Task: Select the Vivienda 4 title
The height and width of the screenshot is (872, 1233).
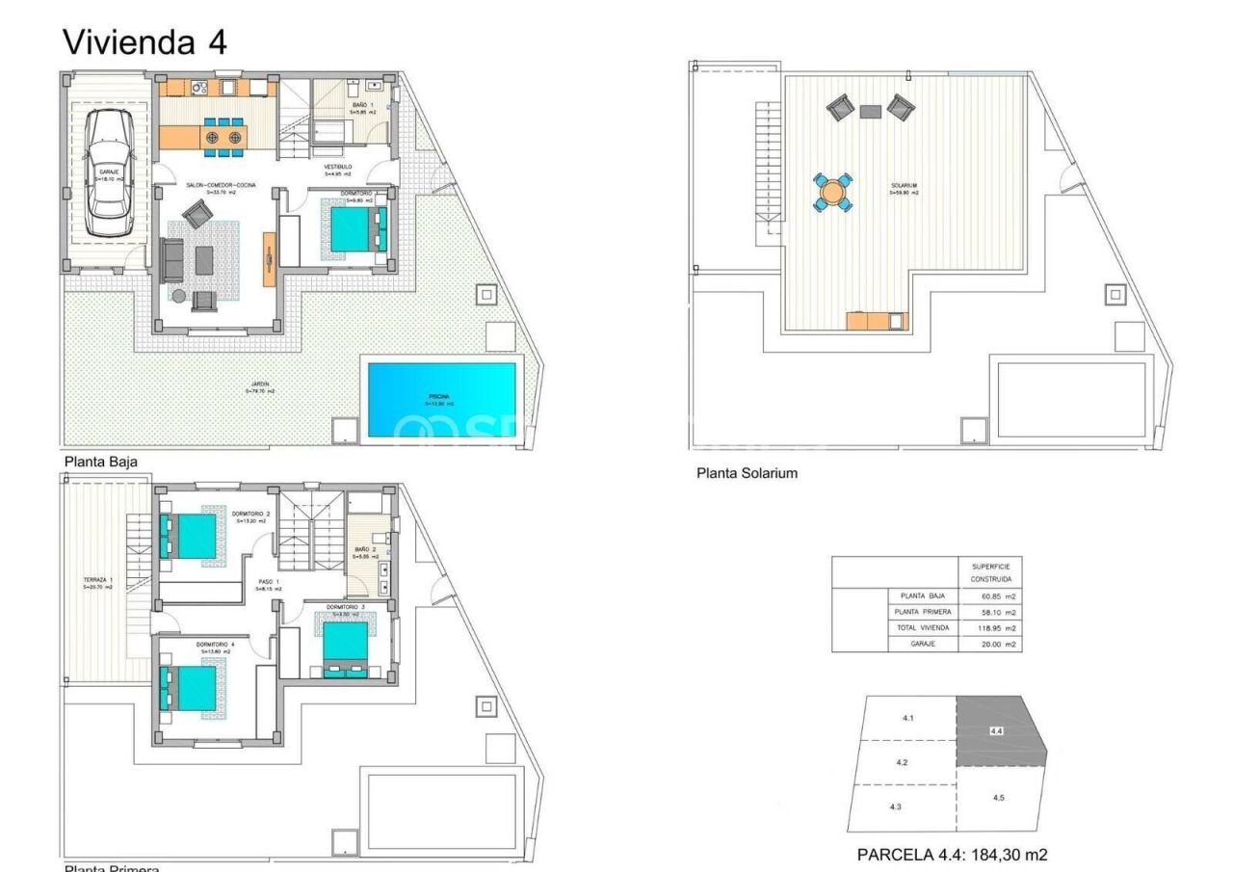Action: tap(144, 41)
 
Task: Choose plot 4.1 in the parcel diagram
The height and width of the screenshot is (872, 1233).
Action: tap(907, 719)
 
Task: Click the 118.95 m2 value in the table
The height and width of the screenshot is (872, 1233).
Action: tap(990, 627)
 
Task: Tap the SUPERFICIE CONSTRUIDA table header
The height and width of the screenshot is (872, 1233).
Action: tap(990, 570)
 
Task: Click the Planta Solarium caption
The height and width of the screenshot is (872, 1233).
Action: tap(747, 473)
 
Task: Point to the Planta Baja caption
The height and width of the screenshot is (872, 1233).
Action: tap(100, 462)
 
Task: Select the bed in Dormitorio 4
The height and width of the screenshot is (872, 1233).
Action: tap(190, 687)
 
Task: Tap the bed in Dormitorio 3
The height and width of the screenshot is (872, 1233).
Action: tap(346, 645)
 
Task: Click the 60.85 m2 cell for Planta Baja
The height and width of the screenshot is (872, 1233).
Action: tap(990, 596)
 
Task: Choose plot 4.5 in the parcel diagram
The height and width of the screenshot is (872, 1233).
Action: tap(999, 798)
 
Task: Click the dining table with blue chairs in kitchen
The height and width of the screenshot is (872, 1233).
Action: tap(223, 137)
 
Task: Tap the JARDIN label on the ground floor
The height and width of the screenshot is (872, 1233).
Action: tap(260, 387)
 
